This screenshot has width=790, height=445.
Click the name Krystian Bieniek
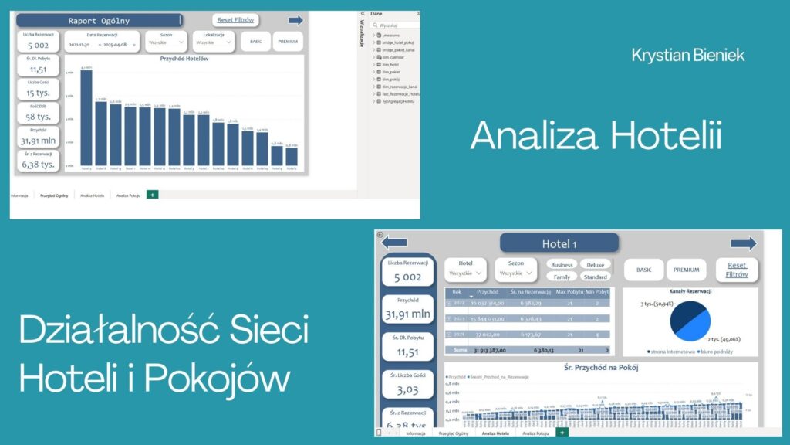point(687,55)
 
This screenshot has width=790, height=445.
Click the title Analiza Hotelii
point(596,137)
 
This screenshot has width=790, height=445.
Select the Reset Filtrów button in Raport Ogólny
point(236,20)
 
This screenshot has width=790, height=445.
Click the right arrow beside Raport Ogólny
point(295,20)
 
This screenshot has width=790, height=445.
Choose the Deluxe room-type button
point(596,264)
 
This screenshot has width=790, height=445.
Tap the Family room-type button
point(562,277)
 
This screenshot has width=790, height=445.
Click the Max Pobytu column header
point(570,292)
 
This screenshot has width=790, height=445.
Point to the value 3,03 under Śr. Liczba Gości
point(407,389)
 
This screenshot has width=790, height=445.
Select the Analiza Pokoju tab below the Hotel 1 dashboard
point(536,433)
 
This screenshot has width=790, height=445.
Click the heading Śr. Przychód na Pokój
point(602,367)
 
